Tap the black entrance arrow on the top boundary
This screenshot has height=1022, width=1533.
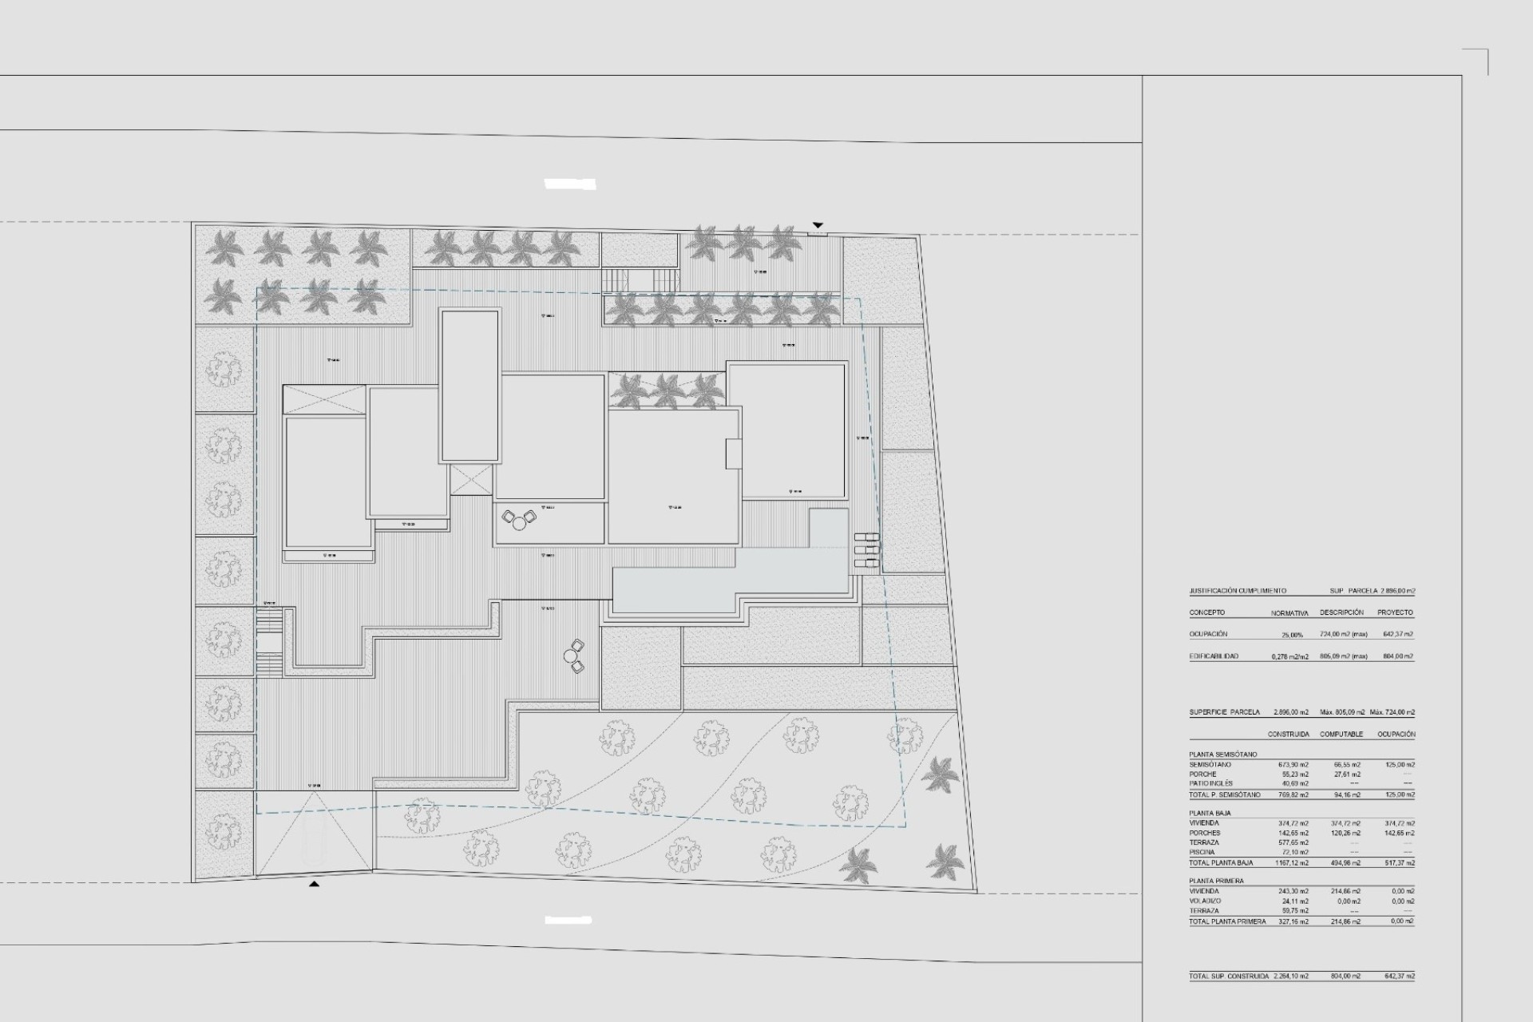(x=817, y=226)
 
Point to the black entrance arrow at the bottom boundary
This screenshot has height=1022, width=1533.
(x=315, y=884)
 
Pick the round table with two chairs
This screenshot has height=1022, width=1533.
(x=573, y=656)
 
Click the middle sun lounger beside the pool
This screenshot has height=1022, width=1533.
(x=866, y=550)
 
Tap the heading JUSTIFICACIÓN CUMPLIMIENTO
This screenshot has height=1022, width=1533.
(x=1238, y=591)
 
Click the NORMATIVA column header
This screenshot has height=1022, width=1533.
(x=1289, y=613)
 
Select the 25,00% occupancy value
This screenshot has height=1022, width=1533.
(x=1291, y=635)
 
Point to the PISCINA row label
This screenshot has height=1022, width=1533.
(x=1202, y=853)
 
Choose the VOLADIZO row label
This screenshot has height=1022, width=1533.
(x=1204, y=901)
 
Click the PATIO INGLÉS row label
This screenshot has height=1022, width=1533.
(x=1210, y=784)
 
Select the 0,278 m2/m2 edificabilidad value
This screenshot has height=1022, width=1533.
(x=1289, y=657)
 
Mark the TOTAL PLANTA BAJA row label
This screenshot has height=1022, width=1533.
(x=1220, y=863)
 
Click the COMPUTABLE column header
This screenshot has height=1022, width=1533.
(x=1341, y=734)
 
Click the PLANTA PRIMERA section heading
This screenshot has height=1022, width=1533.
(x=1216, y=881)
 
